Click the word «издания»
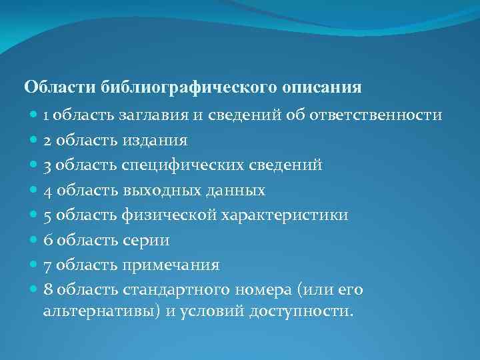(x=155, y=140)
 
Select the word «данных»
(x=234, y=190)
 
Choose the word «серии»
(x=146, y=240)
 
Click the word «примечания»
(x=171, y=265)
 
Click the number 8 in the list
(x=48, y=290)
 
